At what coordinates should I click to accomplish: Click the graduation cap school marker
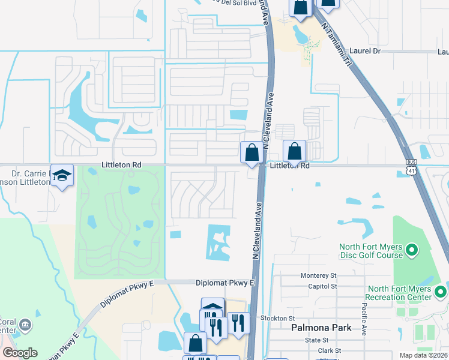(x=62, y=175)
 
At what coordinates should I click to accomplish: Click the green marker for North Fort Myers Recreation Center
(x=441, y=292)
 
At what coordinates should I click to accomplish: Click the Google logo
(x=20, y=353)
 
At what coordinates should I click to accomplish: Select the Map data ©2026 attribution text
(x=423, y=355)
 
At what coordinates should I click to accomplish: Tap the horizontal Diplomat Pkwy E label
(x=226, y=282)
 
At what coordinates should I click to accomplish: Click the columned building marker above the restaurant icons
(x=212, y=308)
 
